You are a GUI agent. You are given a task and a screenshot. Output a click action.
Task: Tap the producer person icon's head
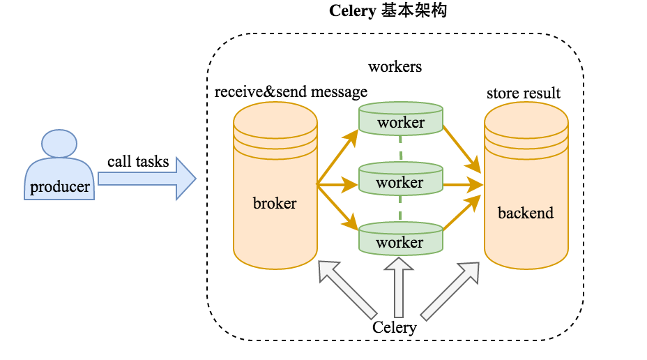[59, 143]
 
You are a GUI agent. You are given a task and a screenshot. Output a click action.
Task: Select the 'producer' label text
[60, 187]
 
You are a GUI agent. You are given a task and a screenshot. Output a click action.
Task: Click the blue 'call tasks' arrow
[146, 179]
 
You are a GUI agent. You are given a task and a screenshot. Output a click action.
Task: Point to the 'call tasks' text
[138, 162]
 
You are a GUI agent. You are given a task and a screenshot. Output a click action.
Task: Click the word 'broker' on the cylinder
[275, 204]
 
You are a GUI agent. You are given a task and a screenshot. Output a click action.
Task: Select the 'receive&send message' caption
[291, 92]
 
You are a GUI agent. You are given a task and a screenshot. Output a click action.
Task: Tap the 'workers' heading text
[395, 67]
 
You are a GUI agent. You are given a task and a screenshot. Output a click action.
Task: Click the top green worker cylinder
[401, 121]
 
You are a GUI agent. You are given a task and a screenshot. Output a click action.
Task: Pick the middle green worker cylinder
[401, 181]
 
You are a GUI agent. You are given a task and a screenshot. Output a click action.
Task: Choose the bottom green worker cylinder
[401, 241]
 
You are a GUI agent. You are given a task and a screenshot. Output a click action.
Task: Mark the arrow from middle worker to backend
[464, 185]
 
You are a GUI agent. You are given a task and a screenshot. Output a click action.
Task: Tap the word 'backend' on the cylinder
[526, 213]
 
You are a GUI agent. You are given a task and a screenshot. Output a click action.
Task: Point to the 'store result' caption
[524, 93]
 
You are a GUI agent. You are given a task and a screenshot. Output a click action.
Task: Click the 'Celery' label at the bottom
[395, 327]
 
